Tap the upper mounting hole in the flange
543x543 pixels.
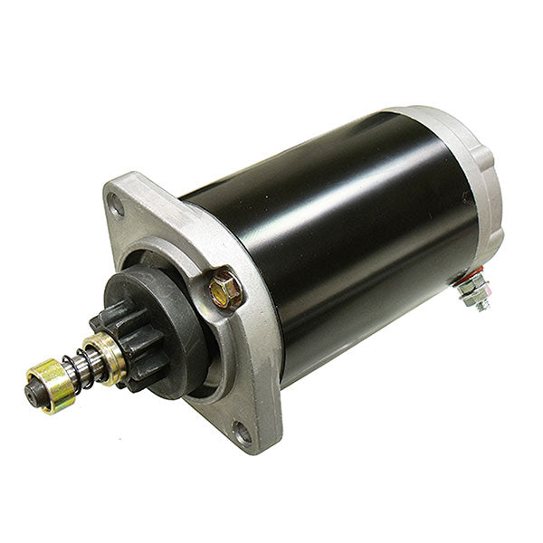(116, 204)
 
